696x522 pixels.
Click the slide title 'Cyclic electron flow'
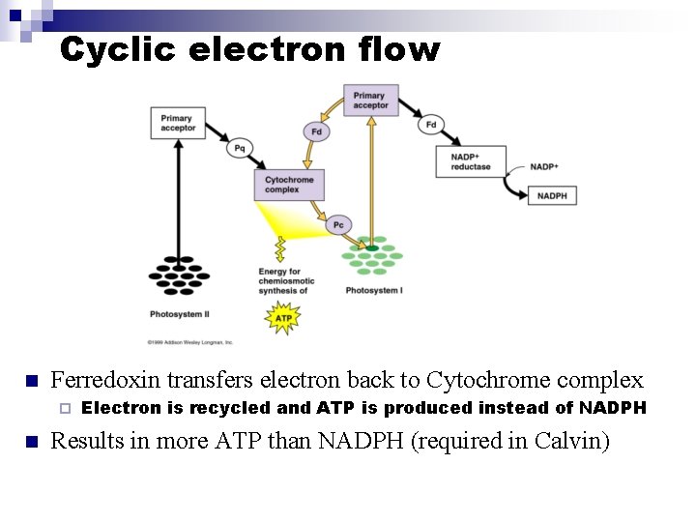tap(249, 49)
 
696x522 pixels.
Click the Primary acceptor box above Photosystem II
tap(177, 123)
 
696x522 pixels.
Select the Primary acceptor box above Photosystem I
tap(370, 100)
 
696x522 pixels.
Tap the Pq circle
tap(240, 148)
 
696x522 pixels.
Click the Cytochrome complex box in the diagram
tap(288, 185)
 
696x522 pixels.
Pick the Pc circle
tap(337, 225)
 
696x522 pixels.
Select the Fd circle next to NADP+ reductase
tap(430, 124)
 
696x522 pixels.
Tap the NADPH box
tap(552, 195)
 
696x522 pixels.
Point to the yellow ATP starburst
tap(283, 317)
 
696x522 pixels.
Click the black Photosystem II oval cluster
tap(178, 275)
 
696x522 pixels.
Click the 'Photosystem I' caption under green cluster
tap(373, 291)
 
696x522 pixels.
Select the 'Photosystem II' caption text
tap(181, 314)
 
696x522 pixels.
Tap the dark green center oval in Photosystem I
tap(372, 248)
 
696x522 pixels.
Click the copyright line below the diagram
tap(190, 341)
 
